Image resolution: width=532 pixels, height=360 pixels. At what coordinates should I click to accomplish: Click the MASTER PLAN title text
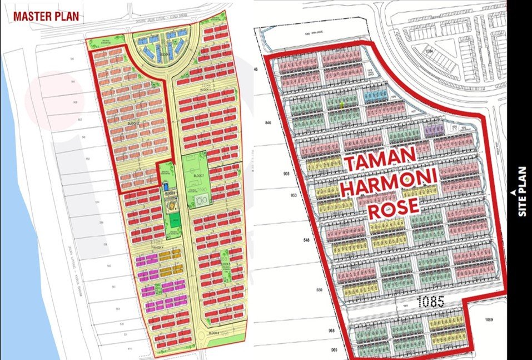(x=46, y=16)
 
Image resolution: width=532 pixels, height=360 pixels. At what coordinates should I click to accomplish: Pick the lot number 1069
(x=489, y=319)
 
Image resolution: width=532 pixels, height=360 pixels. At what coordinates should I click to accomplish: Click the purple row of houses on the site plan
(x=434, y=129)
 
